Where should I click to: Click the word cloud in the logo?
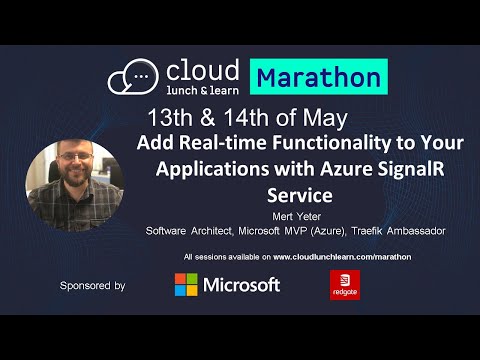point(201,70)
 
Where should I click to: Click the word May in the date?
point(329,113)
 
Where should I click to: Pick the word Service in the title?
point(300,189)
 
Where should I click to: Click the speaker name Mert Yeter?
point(299,213)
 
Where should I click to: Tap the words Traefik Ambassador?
point(401,230)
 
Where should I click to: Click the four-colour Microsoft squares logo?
point(186,286)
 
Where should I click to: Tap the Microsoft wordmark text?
point(241,286)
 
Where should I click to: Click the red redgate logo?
point(344,286)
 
